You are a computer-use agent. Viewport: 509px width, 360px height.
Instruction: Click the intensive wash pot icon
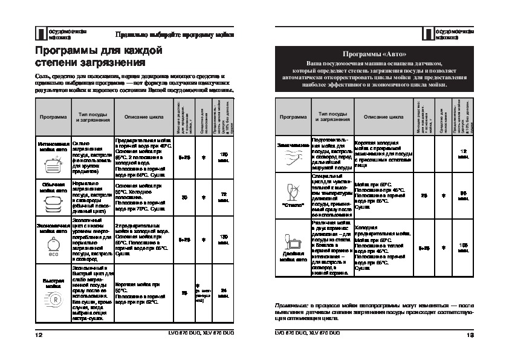53,160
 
